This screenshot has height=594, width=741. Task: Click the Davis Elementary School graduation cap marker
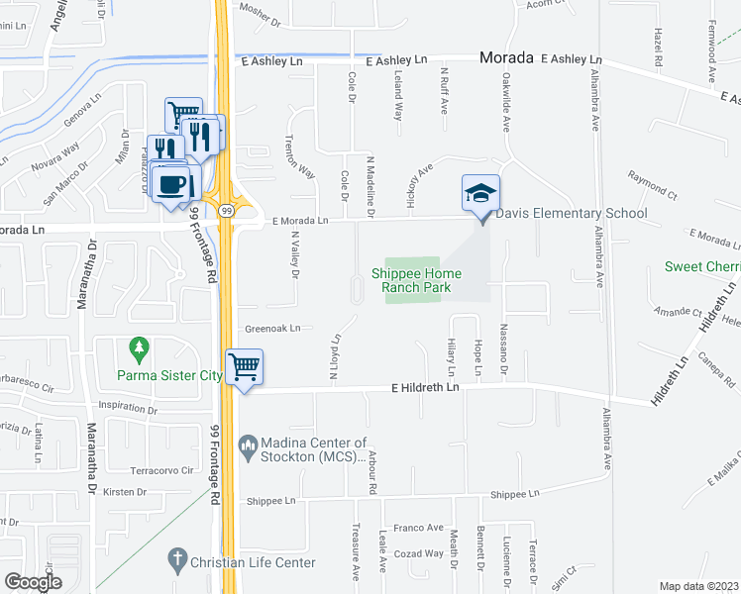480,193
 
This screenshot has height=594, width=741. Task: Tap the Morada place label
507,58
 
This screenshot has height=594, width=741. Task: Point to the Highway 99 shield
228,210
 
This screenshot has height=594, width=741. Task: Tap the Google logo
34,582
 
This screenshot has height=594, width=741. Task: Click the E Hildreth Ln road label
426,388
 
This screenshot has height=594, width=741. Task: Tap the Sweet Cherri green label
697,266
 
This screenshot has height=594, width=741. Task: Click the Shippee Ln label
515,493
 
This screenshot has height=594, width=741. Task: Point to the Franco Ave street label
418,529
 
